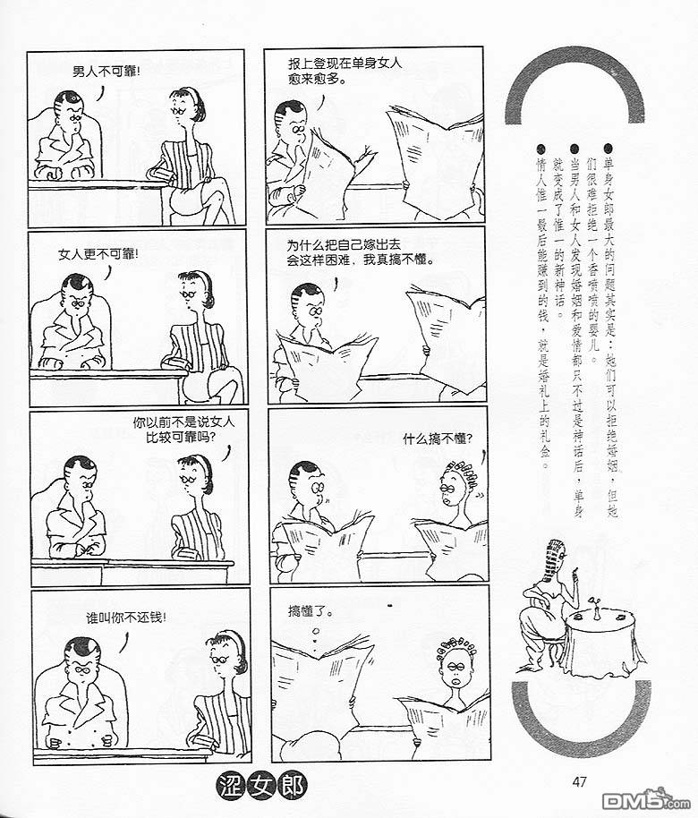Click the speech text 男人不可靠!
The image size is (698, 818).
[106, 72]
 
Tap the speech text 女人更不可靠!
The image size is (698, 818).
[98, 254]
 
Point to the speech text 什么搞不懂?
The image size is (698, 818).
[438, 439]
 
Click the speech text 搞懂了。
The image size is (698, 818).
[311, 610]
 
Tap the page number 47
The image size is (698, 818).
[579, 782]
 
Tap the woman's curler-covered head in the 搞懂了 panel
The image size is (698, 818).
[455, 660]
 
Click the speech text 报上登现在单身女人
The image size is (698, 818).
[345, 64]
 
